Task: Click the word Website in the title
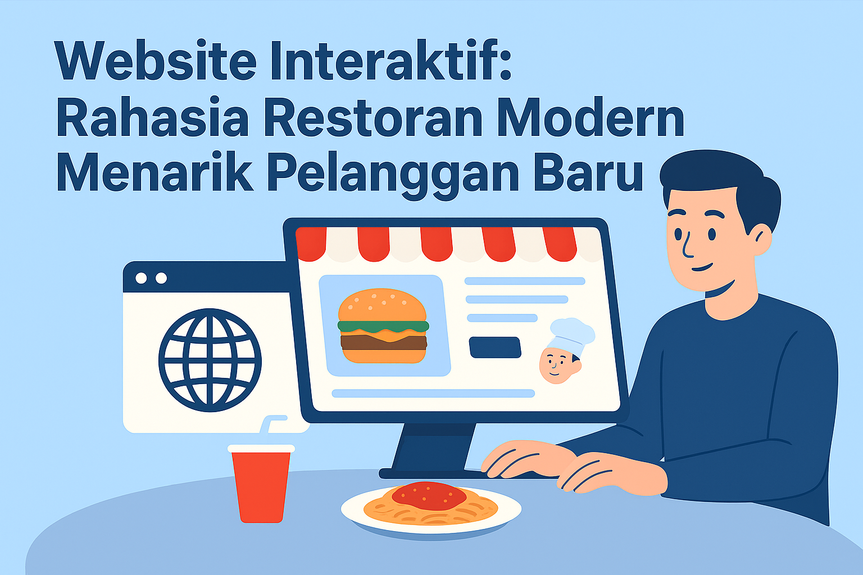155,60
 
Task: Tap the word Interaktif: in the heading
391,60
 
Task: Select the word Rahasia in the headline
153,117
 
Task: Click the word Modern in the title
591,117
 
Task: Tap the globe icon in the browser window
210,360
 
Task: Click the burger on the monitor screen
383,326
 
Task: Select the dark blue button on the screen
495,348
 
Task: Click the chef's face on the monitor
558,365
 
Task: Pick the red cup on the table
261,483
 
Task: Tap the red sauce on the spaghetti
429,496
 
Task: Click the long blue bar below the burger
433,393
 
